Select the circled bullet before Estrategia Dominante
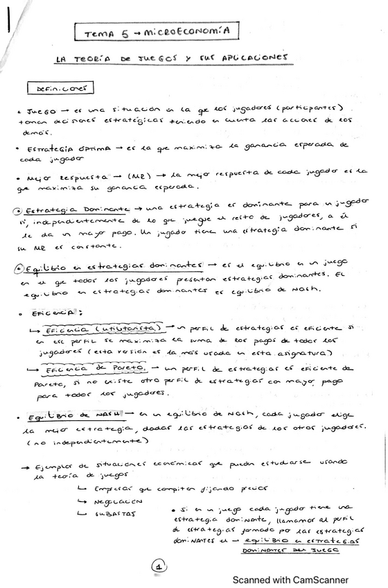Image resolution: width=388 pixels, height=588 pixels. (21, 210)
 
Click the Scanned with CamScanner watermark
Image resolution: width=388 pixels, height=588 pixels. (290, 580)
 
